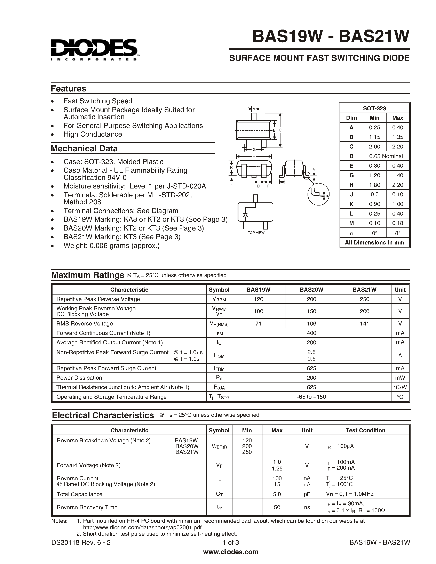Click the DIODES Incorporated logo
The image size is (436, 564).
click(x=94, y=50)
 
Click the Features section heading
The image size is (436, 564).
click(x=69, y=89)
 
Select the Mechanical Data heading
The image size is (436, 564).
click(x=84, y=148)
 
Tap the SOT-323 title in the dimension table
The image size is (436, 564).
click(x=374, y=108)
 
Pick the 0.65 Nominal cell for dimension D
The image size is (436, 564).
click(x=386, y=156)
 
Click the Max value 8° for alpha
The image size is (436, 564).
click(x=397, y=233)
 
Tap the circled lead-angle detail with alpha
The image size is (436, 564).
click(x=318, y=194)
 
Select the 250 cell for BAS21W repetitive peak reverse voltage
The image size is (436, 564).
click(x=364, y=299)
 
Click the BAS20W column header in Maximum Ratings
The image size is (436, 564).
click(x=311, y=290)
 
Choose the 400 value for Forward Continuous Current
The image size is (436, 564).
click(x=311, y=333)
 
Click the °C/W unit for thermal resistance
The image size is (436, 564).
click(x=400, y=387)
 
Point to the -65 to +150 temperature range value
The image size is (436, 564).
click(x=311, y=397)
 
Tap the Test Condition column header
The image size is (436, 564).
click(x=365, y=430)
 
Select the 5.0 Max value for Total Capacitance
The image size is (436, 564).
click(x=277, y=494)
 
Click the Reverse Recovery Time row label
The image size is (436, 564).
click(x=87, y=507)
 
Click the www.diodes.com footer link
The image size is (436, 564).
click(x=231, y=552)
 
